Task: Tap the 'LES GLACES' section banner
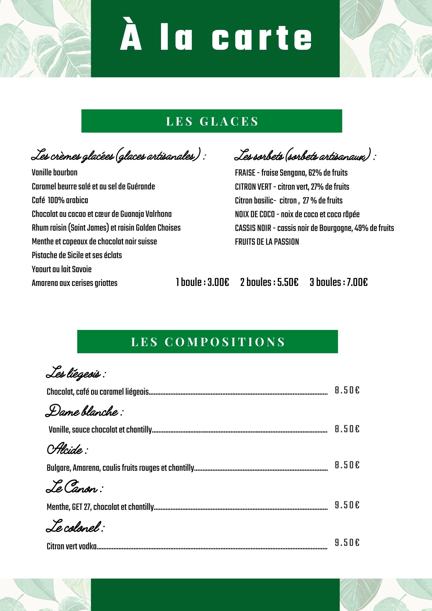pos(212,121)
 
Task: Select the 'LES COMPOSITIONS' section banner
pos(208,342)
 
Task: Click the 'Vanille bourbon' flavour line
pos(55,173)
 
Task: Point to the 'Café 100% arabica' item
pos(60,200)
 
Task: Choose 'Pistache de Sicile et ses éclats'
pos(77,255)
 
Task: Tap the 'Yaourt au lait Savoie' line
pos(61,269)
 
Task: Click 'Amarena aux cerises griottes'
pos(75,283)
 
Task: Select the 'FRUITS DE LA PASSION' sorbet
pos(267,242)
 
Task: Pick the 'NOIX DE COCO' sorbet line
pos(297,214)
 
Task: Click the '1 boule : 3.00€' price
pos(202,282)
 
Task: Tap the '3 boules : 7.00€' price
pos(339,282)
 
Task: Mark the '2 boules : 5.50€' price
pos(269,282)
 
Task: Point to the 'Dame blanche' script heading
pos(84,412)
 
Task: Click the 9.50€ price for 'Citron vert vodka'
pos(347,543)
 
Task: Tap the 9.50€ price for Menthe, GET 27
pos(347,505)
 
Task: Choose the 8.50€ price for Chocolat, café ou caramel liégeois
pos(347,390)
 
